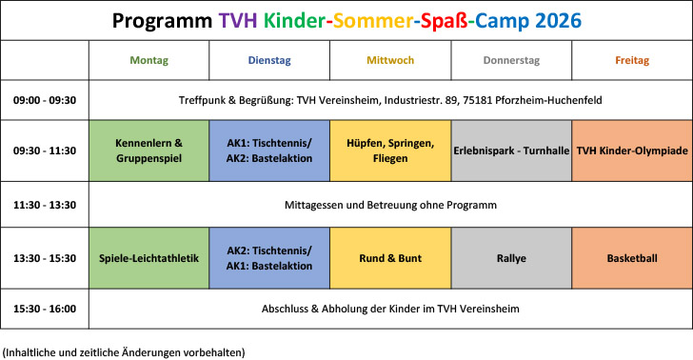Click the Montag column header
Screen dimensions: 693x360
tap(148, 60)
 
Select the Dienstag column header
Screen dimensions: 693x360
tap(269, 60)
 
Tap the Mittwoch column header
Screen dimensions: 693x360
tap(390, 60)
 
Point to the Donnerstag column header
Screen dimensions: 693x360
tap(511, 60)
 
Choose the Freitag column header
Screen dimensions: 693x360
tap(632, 60)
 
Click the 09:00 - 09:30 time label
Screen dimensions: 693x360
tap(45, 100)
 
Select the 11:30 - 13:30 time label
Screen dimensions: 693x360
tap(45, 205)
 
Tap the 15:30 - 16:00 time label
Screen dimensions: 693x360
tap(45, 309)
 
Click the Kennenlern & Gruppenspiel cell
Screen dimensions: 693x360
tap(148, 150)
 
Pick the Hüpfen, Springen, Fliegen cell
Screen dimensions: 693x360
tap(390, 150)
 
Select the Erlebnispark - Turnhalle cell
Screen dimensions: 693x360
tap(511, 150)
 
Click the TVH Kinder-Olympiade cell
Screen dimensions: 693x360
tap(632, 150)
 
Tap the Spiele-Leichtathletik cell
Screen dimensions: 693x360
tap(148, 258)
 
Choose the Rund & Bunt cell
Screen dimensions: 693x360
tap(390, 258)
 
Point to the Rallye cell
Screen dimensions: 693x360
tap(511, 258)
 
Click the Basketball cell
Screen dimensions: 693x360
tap(632, 258)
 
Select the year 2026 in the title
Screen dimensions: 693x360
tap(558, 21)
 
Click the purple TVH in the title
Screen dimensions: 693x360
tap(238, 21)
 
